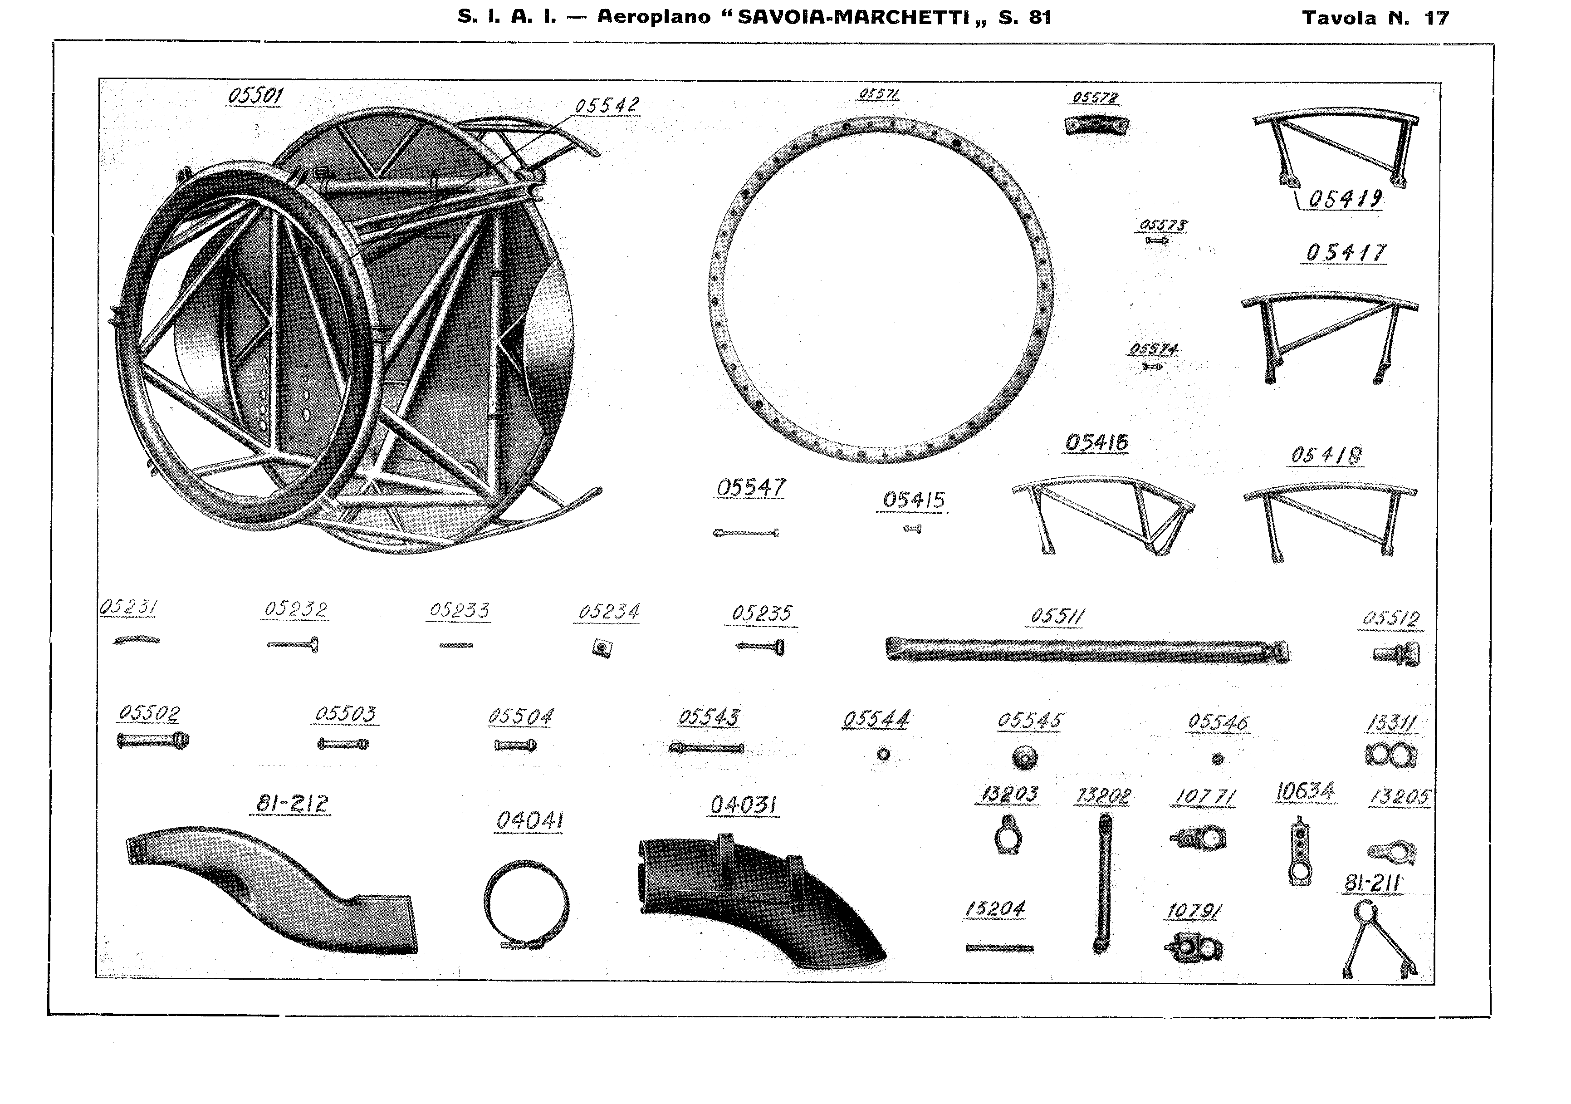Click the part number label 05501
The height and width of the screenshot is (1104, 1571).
254,95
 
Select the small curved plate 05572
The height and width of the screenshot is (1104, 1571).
1097,126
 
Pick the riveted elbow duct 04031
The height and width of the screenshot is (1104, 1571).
753,897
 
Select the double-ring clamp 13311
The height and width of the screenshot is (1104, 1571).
1390,756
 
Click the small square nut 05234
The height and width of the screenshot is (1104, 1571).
602,648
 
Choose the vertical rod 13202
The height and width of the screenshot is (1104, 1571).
1103,883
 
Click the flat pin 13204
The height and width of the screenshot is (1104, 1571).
999,948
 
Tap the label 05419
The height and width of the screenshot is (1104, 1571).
1345,199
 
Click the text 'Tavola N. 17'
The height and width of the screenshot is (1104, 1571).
1375,18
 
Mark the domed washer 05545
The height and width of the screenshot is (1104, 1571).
1024,757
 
